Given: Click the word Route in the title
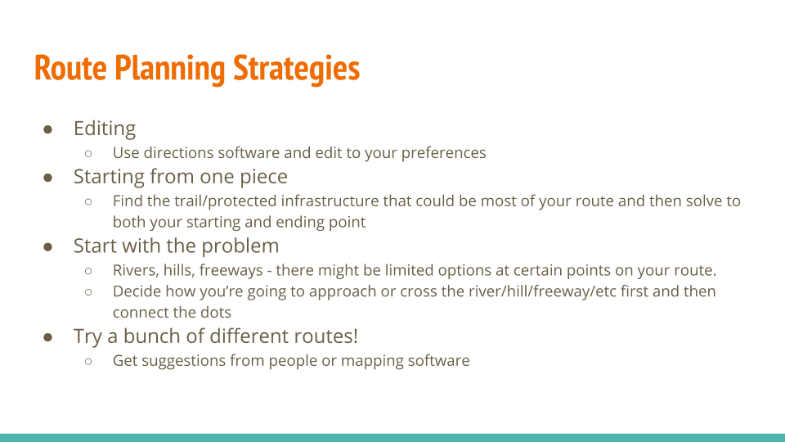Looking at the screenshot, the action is pos(70,69).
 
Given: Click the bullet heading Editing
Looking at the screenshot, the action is pos(105,129).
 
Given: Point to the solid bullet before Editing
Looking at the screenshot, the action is pos(48,130).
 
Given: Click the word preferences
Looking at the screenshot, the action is pos(443,153).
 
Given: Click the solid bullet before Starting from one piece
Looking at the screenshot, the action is pos(48,178).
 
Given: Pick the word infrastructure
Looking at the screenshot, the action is pos(330,201).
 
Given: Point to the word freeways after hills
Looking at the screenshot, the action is pos(231,271).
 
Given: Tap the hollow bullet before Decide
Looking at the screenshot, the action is pos(88,291).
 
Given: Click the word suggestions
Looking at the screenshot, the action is pos(184,361).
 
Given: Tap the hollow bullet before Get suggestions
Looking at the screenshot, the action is pos(88,361).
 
